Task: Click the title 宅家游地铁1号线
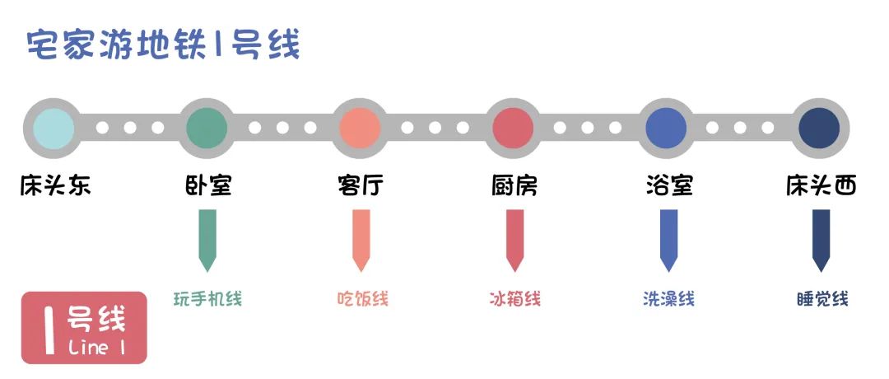tap(163, 44)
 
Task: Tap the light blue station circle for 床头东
tap(54, 128)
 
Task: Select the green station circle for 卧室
tap(207, 128)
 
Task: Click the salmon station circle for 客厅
tap(360, 128)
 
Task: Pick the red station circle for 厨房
tap(513, 128)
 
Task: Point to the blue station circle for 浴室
tap(666, 128)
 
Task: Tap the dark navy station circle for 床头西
tap(819, 128)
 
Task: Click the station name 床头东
tap(56, 185)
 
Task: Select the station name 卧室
tap(208, 185)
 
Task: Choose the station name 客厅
tap(361, 185)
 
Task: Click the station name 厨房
tap(514, 185)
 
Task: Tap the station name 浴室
tap(669, 185)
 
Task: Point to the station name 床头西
tap(821, 185)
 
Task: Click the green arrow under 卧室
tap(207, 241)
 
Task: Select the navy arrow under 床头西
tap(821, 241)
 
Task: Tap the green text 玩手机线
tap(207, 298)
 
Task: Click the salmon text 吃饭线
tap(362, 298)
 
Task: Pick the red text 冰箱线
tap(514, 298)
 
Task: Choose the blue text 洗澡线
tap(668, 298)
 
